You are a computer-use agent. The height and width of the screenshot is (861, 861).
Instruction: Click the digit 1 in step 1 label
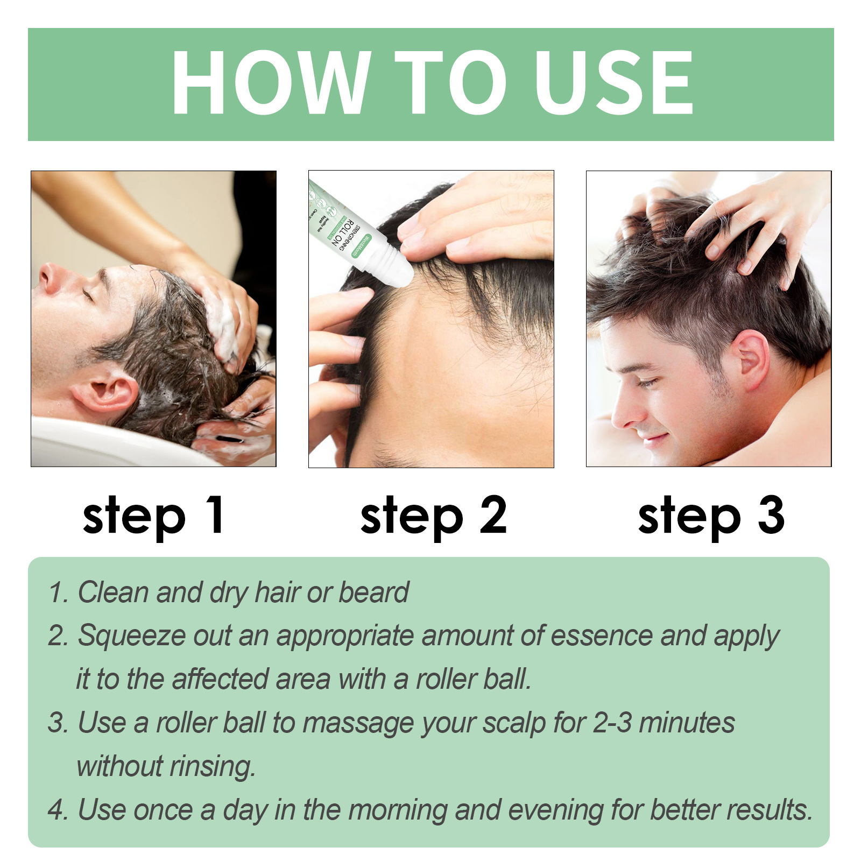click(x=215, y=515)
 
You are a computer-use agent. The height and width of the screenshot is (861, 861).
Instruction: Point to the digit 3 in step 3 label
click(x=771, y=515)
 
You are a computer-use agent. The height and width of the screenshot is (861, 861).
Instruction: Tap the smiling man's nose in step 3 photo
click(x=624, y=414)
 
